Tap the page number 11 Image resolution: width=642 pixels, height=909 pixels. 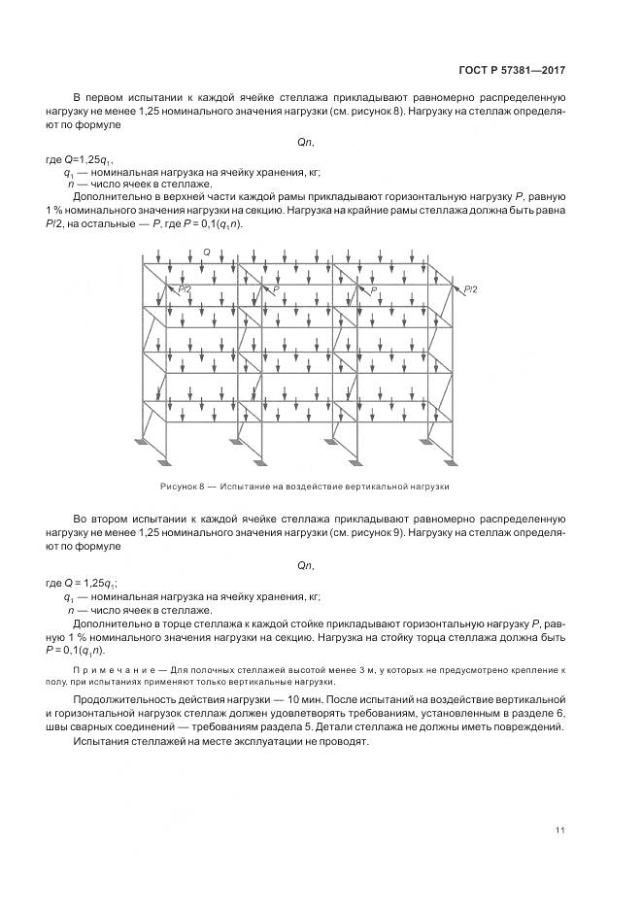[560, 829]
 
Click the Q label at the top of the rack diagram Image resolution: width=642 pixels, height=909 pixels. [207, 252]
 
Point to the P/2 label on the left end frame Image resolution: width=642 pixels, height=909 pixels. [185, 288]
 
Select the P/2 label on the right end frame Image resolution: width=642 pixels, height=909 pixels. [470, 288]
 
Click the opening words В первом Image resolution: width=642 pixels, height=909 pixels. [98, 98]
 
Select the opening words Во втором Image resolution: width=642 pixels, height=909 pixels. [100, 519]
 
